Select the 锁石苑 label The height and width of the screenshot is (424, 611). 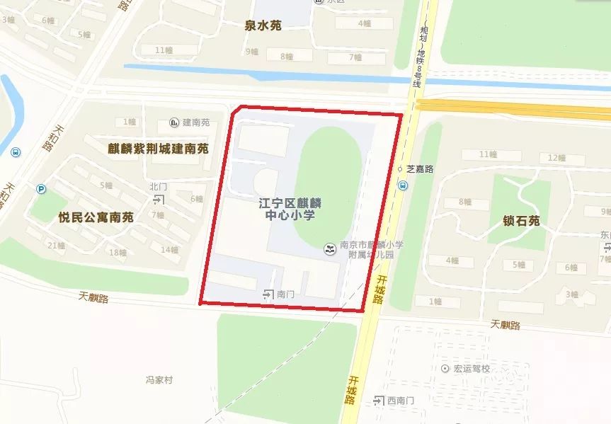coord(522,221)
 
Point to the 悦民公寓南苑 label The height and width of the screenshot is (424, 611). coord(96,217)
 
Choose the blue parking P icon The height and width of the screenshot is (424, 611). coord(42,189)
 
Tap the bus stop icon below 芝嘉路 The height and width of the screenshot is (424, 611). coord(403,185)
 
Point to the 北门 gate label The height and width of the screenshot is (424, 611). coord(158,187)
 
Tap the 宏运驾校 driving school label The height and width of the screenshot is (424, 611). coord(472,369)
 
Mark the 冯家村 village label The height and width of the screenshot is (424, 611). coord(159,380)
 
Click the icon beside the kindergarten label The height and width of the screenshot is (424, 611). coord(329,248)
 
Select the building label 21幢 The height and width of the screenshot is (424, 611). coord(56,246)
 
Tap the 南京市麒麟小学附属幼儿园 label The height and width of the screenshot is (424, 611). coord(371,249)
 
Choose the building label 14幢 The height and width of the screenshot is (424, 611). coord(170,249)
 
